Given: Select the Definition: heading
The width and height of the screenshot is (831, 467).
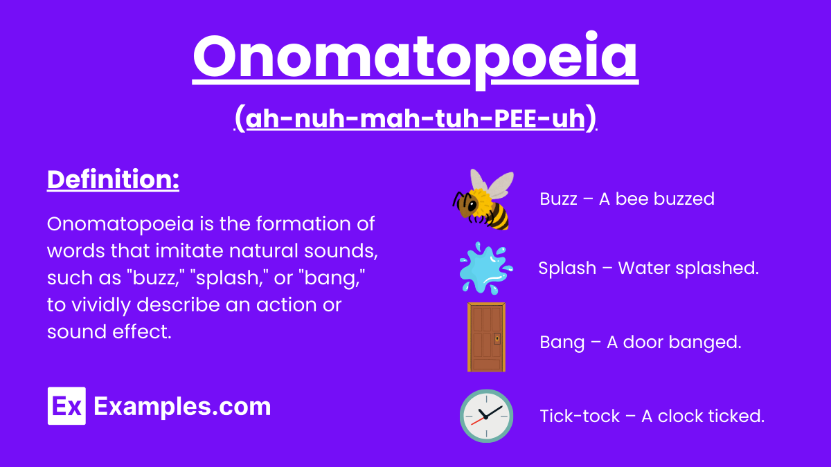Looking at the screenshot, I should click(x=113, y=181).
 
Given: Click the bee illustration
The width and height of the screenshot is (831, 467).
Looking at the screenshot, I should click(x=483, y=201).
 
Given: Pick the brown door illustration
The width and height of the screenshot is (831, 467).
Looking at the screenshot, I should click(x=485, y=337).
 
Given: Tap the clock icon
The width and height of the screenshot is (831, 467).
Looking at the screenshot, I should click(x=486, y=416).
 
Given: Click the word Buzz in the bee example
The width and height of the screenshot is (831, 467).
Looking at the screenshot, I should click(x=558, y=199).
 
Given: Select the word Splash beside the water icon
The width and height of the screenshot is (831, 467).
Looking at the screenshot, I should click(x=566, y=268).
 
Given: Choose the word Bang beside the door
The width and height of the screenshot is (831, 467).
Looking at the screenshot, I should click(x=562, y=342).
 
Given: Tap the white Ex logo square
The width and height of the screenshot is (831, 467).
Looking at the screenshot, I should click(x=66, y=406).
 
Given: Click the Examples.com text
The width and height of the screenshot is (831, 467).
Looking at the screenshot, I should click(x=182, y=406).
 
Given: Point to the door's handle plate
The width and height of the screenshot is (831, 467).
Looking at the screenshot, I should click(x=497, y=339).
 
